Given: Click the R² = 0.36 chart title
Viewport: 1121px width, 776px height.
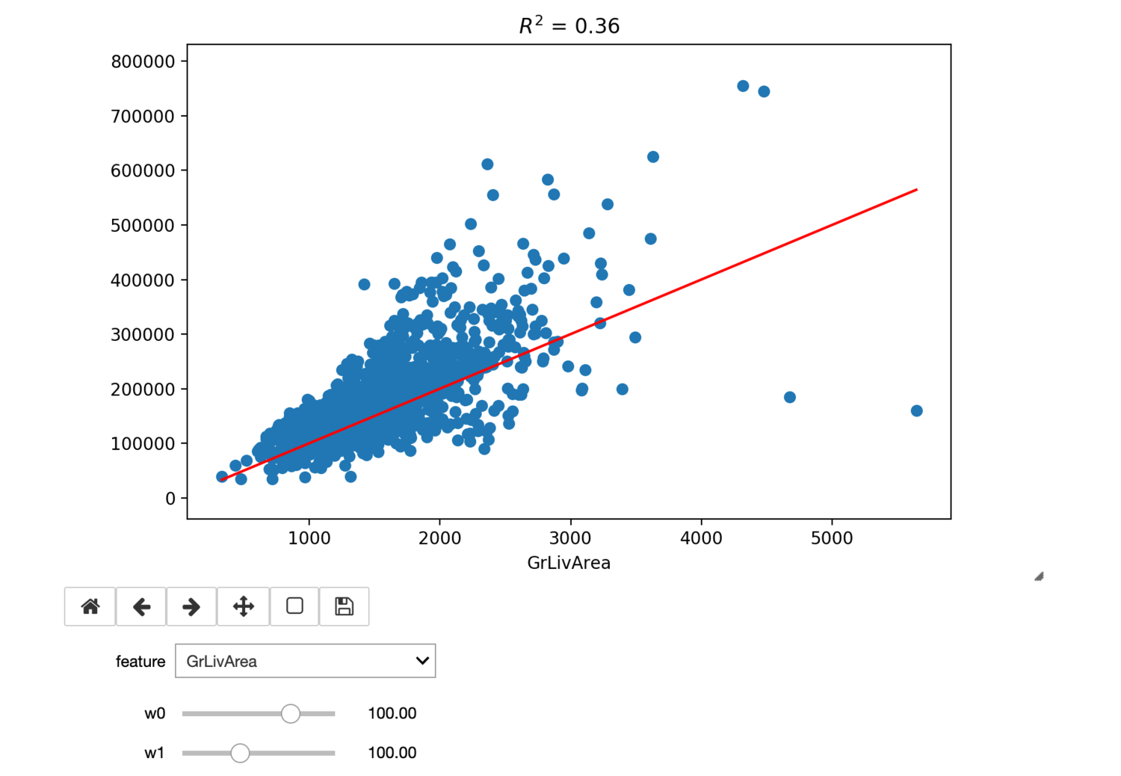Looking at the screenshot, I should (569, 26).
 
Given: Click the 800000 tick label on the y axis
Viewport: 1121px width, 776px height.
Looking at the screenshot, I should (143, 62).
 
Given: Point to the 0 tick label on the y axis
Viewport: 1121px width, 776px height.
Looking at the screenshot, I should (171, 499).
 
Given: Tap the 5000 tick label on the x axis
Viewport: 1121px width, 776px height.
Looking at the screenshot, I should (832, 538).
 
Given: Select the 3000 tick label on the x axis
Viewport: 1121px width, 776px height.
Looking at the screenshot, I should (570, 538).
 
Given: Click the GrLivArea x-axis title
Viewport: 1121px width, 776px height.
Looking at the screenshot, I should (569, 563).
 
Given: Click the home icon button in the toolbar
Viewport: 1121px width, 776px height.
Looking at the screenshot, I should (90, 606).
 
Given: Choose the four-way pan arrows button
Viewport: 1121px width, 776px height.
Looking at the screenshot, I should (244, 606).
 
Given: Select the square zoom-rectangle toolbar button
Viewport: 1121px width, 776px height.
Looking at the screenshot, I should (294, 606).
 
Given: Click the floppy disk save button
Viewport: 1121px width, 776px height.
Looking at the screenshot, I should (344, 606).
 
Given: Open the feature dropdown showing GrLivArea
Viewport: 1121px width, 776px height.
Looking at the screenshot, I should (305, 661).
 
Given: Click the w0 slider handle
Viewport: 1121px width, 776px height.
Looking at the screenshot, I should (291, 714).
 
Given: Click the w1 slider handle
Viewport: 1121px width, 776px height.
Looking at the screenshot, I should (240, 753).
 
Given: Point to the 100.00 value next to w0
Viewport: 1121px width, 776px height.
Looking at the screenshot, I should (392, 714).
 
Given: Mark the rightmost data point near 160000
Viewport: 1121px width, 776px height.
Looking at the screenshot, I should (917, 410).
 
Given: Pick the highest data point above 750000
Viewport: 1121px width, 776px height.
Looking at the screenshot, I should (743, 86).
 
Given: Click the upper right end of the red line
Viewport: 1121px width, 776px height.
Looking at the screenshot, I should (916, 190).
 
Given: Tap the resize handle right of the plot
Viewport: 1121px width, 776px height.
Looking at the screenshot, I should (1039, 576).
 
